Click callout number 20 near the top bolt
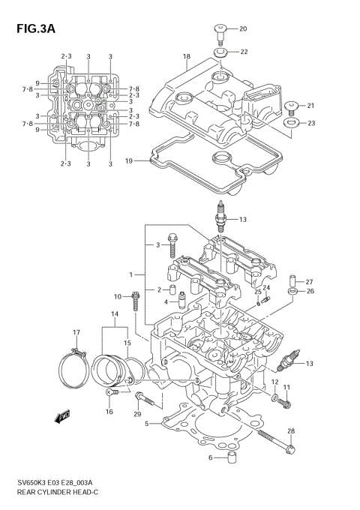click(243, 28)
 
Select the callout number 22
click(244, 52)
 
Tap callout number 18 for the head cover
click(187, 56)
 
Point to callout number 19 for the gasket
click(129, 160)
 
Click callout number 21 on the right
click(310, 105)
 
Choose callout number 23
click(310, 123)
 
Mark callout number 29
click(137, 415)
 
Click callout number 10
click(118, 296)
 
